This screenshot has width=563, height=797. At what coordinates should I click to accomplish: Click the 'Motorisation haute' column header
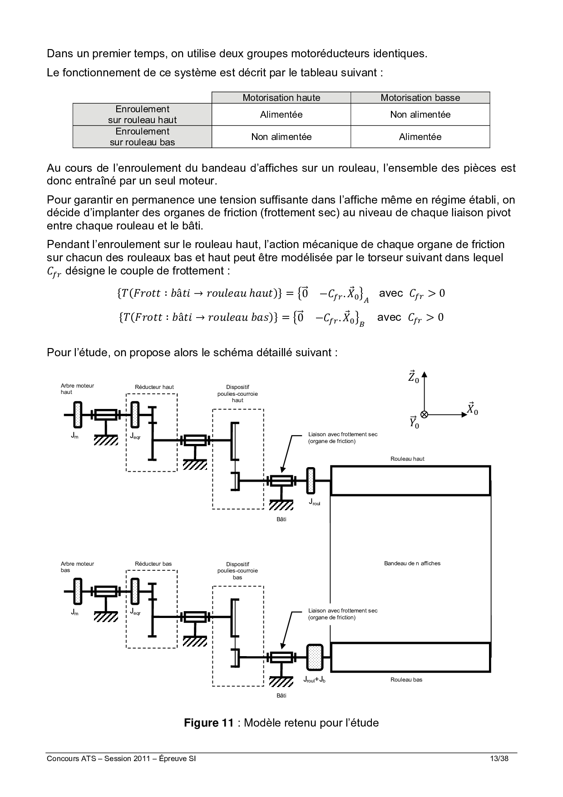(x=281, y=98)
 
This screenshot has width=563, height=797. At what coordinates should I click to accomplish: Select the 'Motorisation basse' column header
(x=420, y=98)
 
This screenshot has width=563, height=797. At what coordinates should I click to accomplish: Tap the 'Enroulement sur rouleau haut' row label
(x=142, y=115)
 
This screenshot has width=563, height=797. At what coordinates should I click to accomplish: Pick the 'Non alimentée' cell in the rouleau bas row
(x=281, y=137)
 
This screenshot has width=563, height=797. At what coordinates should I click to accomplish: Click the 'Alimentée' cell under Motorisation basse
(x=420, y=137)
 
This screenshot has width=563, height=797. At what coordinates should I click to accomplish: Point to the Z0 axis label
(x=413, y=377)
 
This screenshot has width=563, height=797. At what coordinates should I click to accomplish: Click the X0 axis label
(x=472, y=409)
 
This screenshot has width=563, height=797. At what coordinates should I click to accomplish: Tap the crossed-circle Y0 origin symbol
(x=424, y=414)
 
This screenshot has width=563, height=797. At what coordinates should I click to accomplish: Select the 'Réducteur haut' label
(x=154, y=387)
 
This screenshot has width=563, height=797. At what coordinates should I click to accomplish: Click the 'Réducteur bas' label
(x=153, y=564)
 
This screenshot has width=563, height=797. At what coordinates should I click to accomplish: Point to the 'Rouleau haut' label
(x=407, y=459)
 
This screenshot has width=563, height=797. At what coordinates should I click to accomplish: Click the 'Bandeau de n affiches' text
(x=412, y=563)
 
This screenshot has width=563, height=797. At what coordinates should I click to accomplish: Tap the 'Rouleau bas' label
(x=406, y=680)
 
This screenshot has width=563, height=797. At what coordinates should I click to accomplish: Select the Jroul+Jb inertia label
(x=314, y=680)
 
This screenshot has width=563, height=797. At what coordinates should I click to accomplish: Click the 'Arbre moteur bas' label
(x=77, y=567)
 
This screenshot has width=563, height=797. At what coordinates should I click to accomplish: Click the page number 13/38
(x=499, y=759)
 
